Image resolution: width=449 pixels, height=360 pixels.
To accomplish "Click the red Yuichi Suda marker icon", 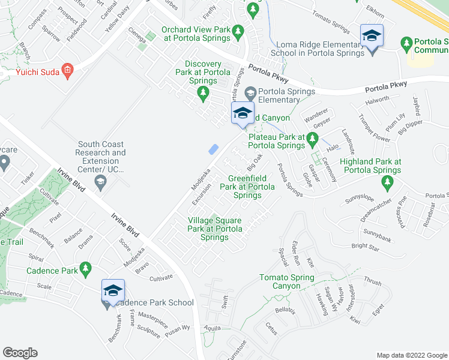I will click(x=68, y=70).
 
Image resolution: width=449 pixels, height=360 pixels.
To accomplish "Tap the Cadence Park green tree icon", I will click(x=86, y=268).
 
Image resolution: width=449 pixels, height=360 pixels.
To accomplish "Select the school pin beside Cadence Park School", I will click(x=113, y=291).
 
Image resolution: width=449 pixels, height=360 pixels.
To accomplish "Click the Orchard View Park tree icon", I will click(x=238, y=30).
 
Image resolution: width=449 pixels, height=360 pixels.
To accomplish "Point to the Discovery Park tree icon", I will click(x=203, y=92).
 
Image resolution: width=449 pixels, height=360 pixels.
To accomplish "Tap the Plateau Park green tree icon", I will click(x=312, y=140).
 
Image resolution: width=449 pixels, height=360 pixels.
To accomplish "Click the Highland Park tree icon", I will click(x=388, y=181).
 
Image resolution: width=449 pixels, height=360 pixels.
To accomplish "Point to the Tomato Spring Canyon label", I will click(x=286, y=281).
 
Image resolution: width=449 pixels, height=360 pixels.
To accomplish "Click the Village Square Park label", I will click(x=214, y=229).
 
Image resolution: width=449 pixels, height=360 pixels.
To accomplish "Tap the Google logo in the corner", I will click(x=20, y=353).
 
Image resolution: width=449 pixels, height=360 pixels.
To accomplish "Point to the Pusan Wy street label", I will click(x=178, y=328).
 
